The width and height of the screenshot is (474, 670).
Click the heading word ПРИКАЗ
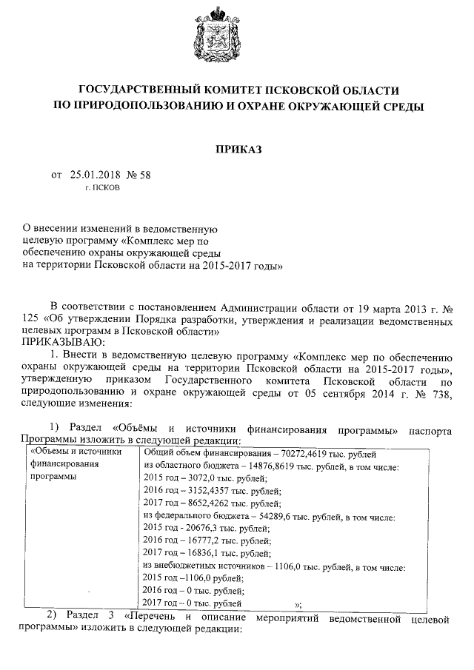pyautogui.click(x=238, y=150)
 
